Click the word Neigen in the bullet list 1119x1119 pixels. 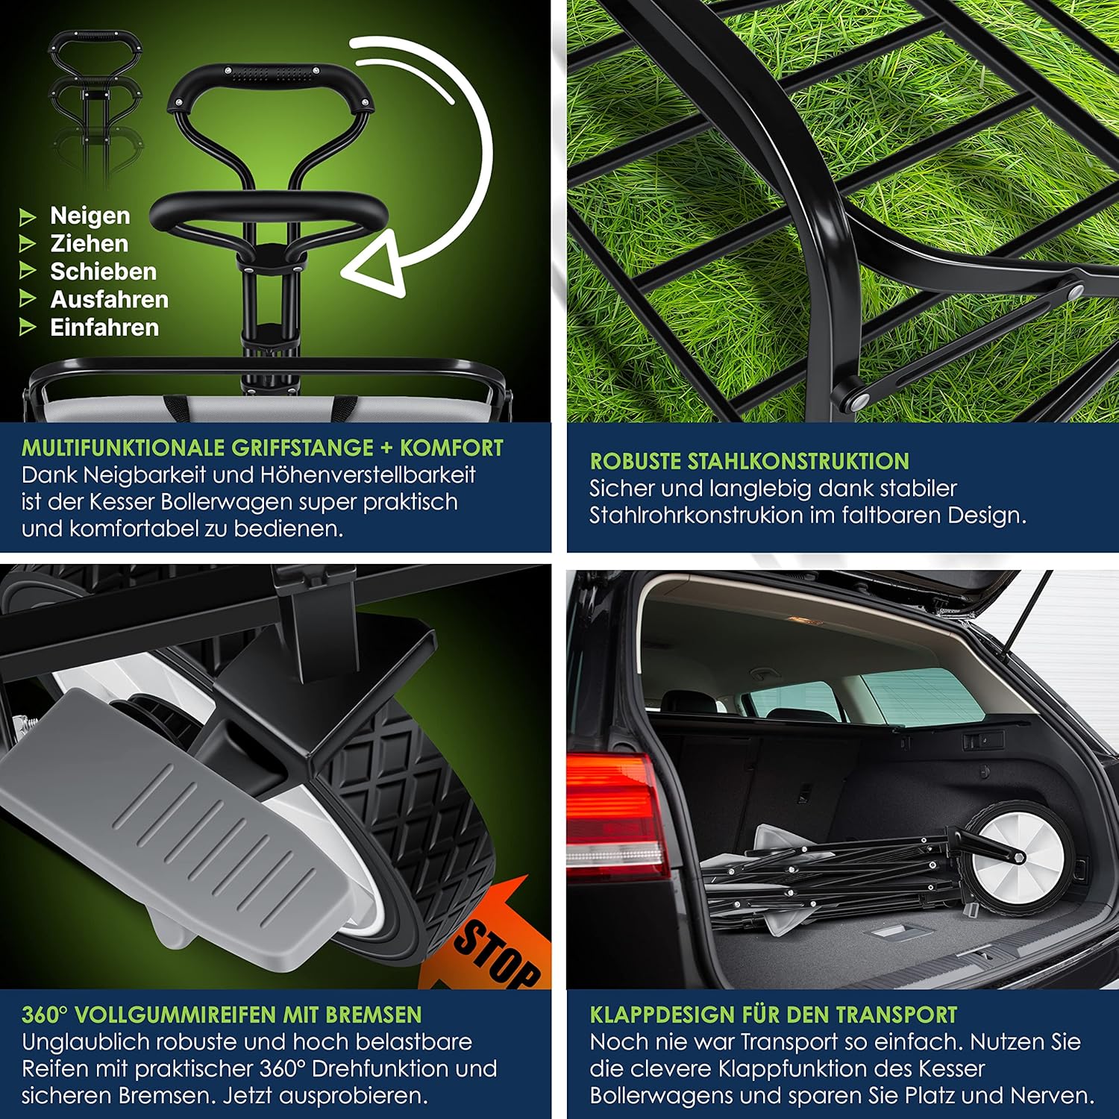90,216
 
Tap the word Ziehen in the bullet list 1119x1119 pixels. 89,244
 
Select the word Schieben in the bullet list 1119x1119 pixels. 103,272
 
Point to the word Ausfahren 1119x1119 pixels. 109,300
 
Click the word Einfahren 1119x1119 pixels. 104,327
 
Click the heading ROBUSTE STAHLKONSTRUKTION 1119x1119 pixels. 749,461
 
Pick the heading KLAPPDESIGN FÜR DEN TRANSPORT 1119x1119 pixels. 773,1015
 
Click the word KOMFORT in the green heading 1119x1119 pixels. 451,448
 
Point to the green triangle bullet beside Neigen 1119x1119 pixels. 28,217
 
